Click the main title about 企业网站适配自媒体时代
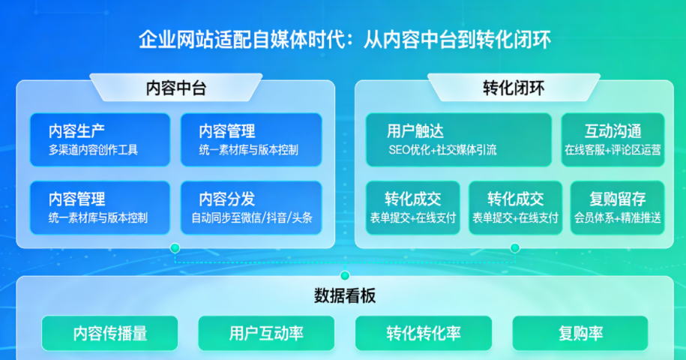(x=344, y=40)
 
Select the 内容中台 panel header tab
(x=175, y=88)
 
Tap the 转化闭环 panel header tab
(x=514, y=88)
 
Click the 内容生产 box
(x=101, y=139)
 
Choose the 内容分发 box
(x=251, y=208)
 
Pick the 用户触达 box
(x=458, y=139)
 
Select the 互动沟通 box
(x=613, y=139)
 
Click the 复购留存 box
(x=617, y=208)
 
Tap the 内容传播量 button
(x=109, y=333)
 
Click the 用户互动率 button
(x=266, y=333)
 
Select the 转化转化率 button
(x=424, y=333)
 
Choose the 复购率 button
(x=580, y=333)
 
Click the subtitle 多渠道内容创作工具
(x=94, y=150)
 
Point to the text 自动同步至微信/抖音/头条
(x=251, y=218)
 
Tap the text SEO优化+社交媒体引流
(x=442, y=150)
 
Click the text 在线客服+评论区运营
(x=613, y=150)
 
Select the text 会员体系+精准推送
(x=617, y=218)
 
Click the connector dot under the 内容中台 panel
(x=175, y=247)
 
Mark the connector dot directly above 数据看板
(x=345, y=275)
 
